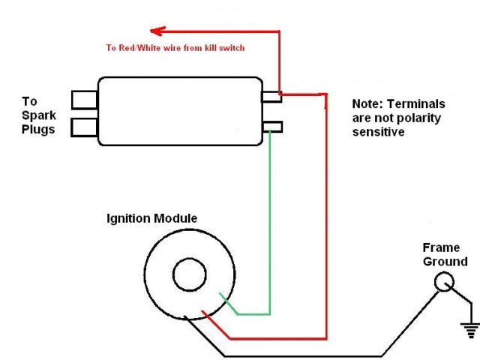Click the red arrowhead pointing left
click(156, 31)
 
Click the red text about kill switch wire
click(175, 48)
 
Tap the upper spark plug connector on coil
click(84, 99)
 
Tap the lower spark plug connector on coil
click(84, 127)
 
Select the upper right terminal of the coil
click(271, 97)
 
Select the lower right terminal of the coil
click(271, 127)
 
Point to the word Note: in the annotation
click(368, 104)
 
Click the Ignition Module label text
click(151, 218)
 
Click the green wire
click(269, 225)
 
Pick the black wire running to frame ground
click(300, 355)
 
